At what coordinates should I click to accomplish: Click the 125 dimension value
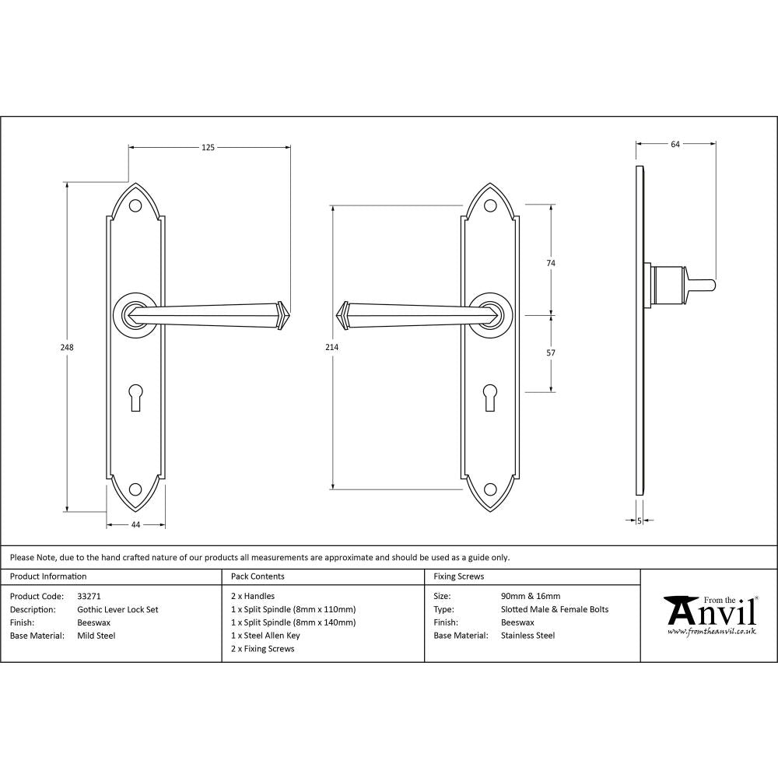tap(208, 146)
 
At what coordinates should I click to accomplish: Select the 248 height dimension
tap(68, 348)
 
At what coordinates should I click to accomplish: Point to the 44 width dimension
tap(135, 525)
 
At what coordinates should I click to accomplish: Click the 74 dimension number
tap(551, 264)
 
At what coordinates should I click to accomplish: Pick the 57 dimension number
tap(551, 352)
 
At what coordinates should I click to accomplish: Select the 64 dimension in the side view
tap(675, 144)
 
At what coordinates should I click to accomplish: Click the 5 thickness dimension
tap(639, 520)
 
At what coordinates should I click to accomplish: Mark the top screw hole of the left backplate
tap(136, 206)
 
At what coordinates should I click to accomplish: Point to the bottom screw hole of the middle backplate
tap(490, 489)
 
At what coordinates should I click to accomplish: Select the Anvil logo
tap(710, 615)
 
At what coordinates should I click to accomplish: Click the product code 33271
tap(89, 596)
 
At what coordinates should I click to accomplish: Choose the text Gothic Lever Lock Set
tap(117, 609)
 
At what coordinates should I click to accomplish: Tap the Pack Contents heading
tap(258, 576)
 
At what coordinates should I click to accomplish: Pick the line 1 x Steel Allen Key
tap(265, 636)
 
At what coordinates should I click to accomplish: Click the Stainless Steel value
tap(528, 636)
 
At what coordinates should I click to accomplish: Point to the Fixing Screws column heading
tap(458, 576)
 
